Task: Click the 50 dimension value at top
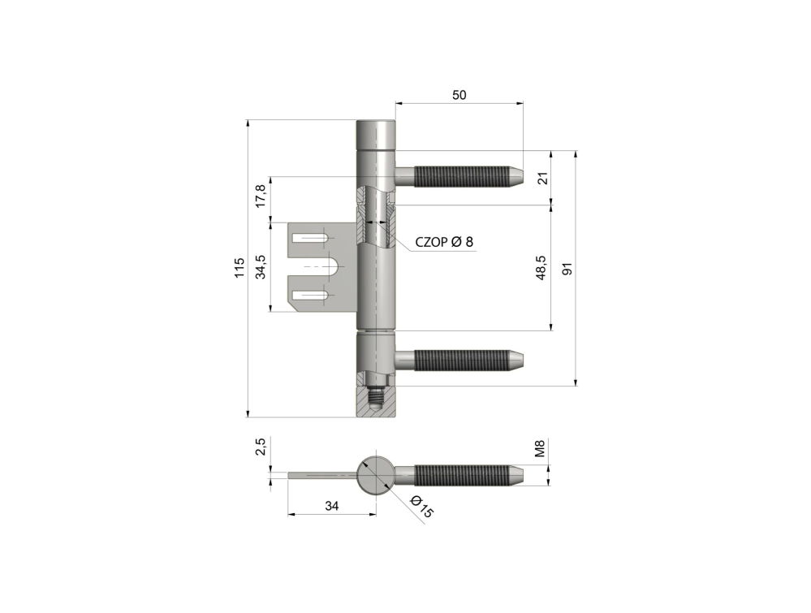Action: (x=459, y=95)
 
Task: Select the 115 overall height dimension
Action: (x=239, y=267)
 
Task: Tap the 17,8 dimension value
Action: (x=261, y=196)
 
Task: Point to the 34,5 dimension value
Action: (x=261, y=267)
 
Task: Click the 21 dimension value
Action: (x=542, y=179)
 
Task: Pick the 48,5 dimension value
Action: (x=541, y=267)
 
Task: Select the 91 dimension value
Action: (x=567, y=269)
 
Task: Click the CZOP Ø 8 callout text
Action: (x=444, y=242)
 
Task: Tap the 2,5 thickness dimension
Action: (x=261, y=447)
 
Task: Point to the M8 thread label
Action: (x=540, y=448)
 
